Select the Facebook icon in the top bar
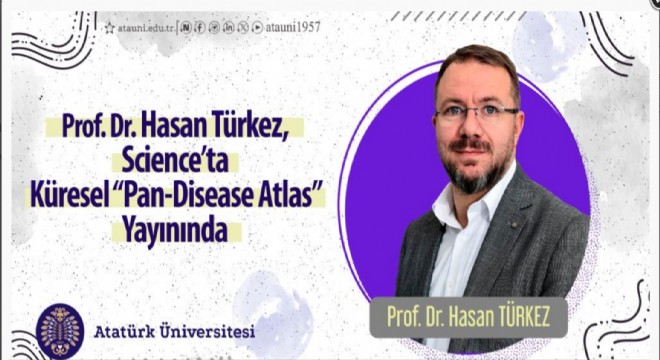click(201, 28)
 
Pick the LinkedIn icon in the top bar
click(230, 28)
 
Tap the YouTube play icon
click(259, 28)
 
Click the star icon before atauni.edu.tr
click(109, 28)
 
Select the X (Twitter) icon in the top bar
click(245, 28)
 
